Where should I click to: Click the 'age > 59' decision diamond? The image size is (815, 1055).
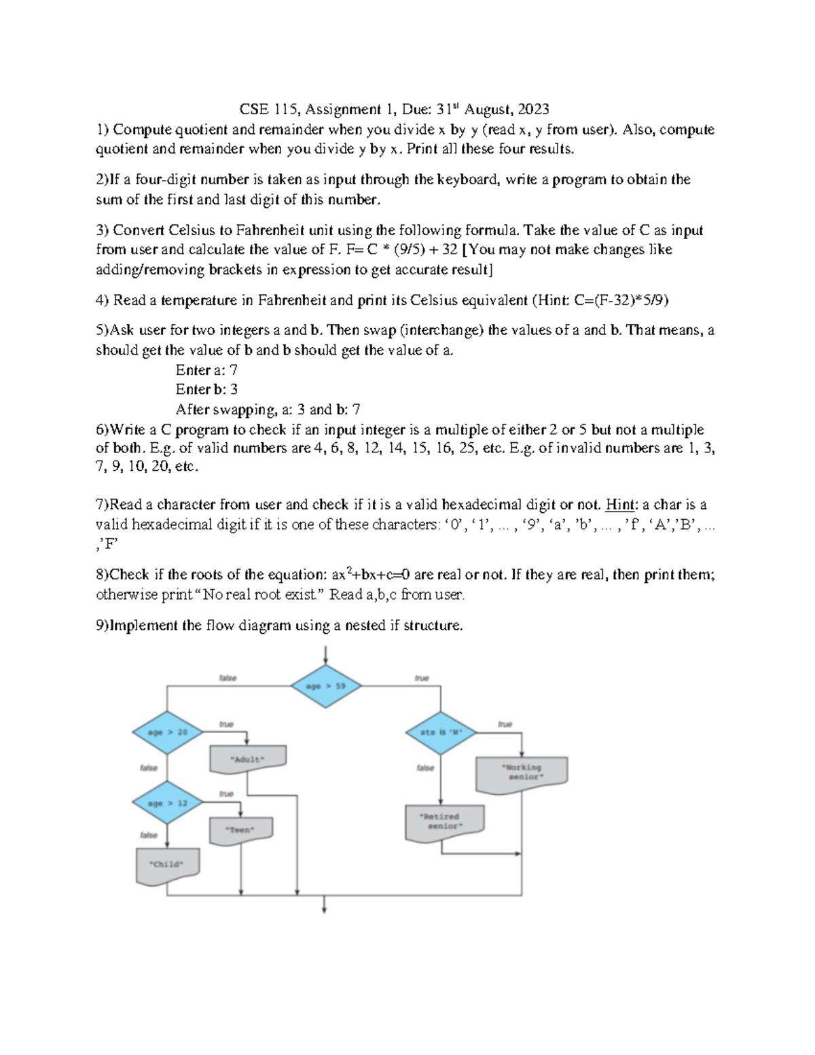(326, 686)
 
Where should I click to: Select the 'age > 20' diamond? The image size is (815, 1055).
(167, 732)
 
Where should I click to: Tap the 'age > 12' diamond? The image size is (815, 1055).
(167, 803)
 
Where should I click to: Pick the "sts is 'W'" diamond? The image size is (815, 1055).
(441, 732)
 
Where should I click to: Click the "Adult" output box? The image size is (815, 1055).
(248, 759)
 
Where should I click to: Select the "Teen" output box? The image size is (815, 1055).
(241, 830)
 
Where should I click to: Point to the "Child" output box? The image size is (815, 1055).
(167, 865)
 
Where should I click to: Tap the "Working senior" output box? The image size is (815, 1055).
(522, 773)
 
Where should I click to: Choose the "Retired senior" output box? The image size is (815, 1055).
(444, 822)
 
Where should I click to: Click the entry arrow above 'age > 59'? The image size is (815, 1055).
(327, 655)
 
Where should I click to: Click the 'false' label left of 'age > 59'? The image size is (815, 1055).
(228, 678)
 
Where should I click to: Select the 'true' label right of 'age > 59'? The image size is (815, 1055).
(422, 678)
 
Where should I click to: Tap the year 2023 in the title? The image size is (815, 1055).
(533, 109)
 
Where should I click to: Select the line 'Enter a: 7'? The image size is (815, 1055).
(206, 370)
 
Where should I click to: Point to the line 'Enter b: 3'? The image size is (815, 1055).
(206, 390)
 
